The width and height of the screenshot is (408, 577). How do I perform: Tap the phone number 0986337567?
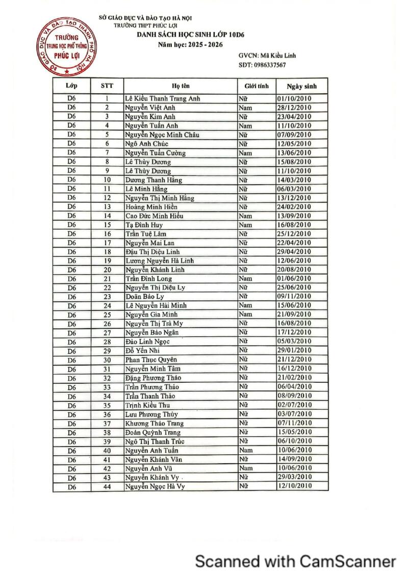262,65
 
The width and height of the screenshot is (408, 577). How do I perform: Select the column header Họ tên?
181,86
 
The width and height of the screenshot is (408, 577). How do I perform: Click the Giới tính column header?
257,86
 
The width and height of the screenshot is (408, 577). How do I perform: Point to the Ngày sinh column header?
301,86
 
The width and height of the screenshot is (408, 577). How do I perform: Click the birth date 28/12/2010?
294,108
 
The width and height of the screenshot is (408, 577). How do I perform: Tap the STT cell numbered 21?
107,279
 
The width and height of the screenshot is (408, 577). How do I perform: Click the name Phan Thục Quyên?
150,360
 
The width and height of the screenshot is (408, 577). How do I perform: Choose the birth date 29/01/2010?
294,351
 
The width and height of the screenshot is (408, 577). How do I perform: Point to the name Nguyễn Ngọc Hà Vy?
155,486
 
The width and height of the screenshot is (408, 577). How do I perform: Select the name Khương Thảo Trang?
155,423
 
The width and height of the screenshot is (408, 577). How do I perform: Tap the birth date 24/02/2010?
294,207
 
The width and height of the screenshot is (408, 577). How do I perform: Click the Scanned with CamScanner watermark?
296,561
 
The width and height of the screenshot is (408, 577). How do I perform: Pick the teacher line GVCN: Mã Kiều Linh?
267,55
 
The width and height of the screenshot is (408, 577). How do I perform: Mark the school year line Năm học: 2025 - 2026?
190,45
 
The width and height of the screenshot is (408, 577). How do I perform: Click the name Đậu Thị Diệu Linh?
152,252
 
